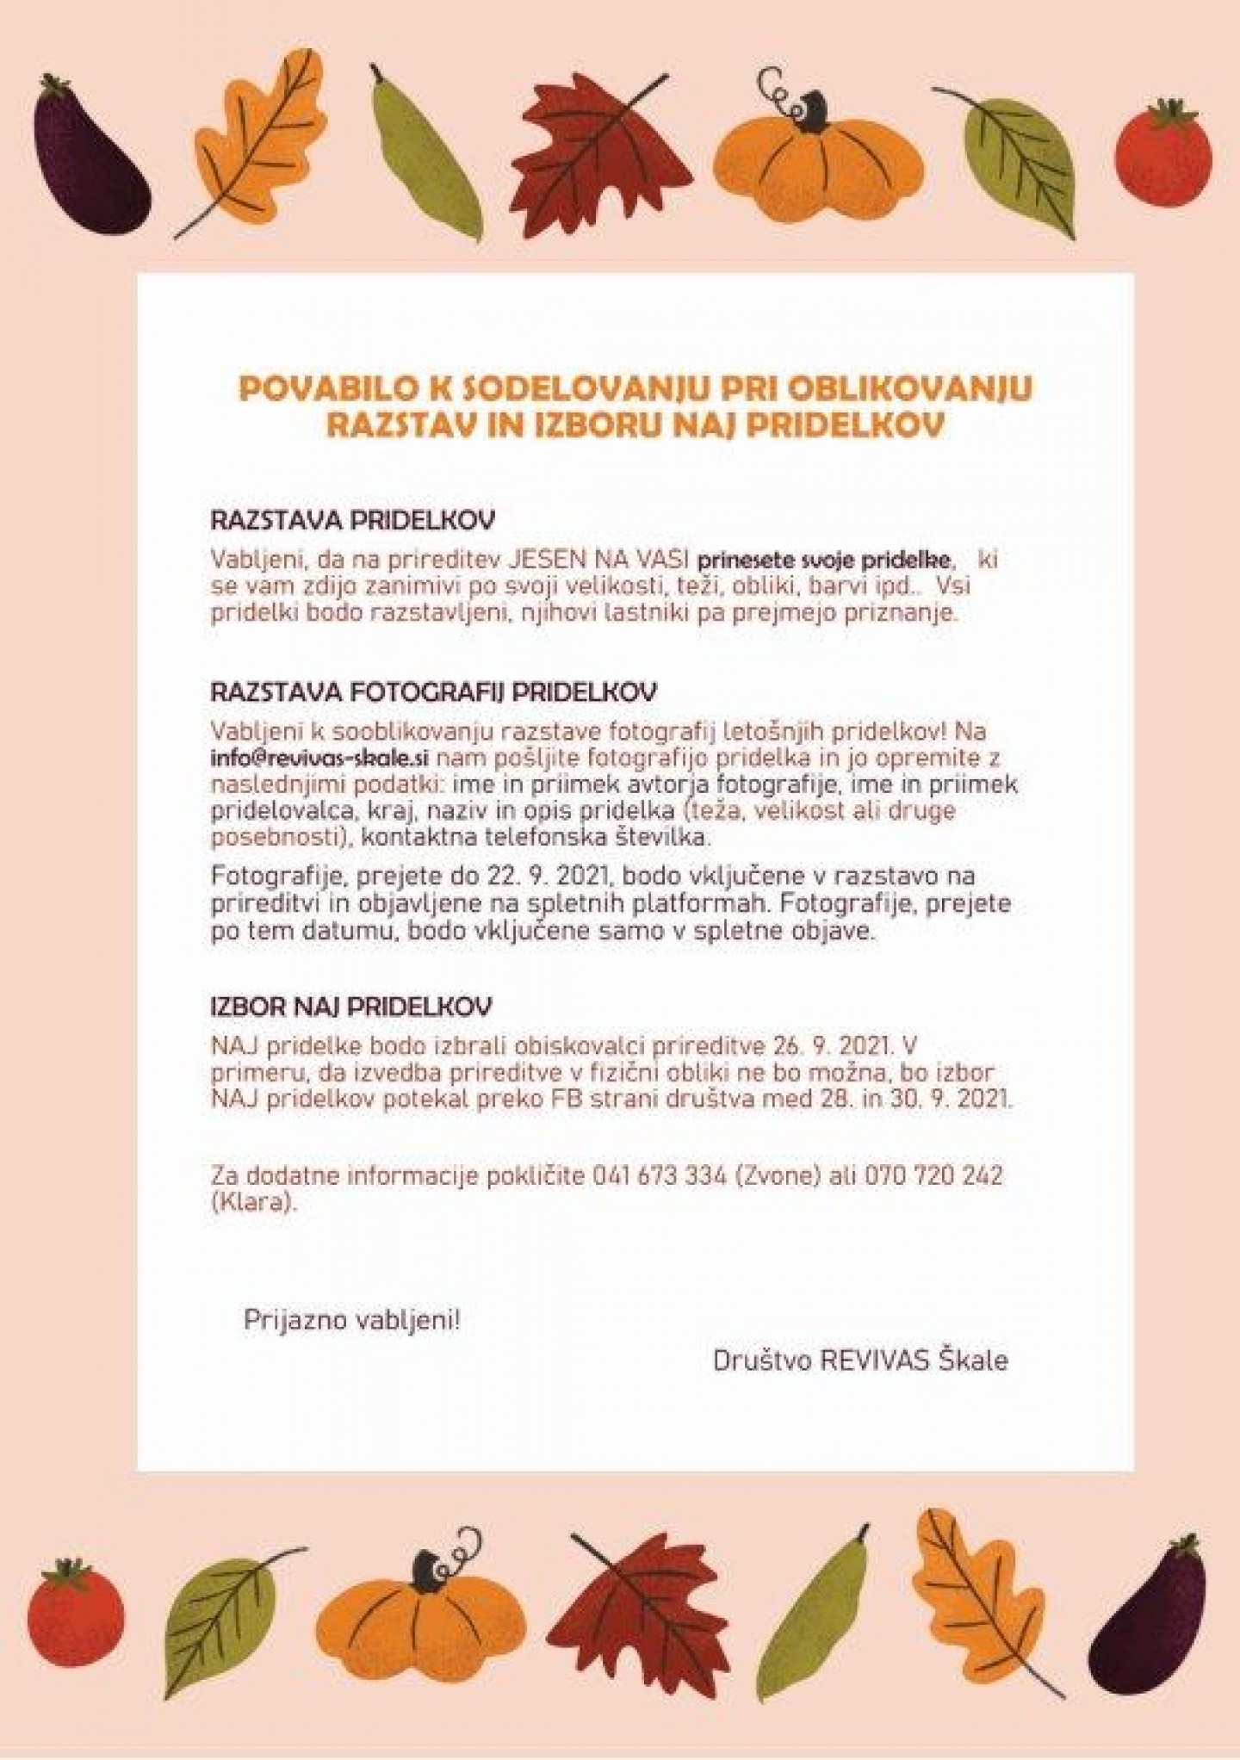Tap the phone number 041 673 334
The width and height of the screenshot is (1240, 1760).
click(x=659, y=1176)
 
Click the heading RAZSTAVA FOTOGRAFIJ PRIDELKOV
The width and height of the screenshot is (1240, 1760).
click(x=434, y=692)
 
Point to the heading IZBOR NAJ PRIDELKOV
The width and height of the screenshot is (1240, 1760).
click(x=351, y=1007)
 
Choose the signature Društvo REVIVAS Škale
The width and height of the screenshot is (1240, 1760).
click(x=860, y=1360)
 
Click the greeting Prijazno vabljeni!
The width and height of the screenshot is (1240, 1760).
click(x=352, y=1321)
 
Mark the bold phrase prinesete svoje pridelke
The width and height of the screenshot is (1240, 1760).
click(x=826, y=561)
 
